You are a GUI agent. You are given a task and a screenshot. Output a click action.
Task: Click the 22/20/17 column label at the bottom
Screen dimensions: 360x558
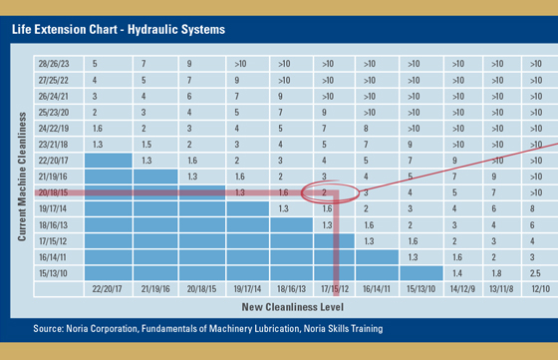tap(108, 288)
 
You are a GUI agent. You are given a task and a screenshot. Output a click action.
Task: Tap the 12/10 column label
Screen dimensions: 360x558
tap(539, 288)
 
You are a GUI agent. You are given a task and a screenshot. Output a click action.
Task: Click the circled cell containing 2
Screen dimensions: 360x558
tap(326, 191)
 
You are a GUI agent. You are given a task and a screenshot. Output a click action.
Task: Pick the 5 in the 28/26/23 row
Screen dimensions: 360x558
tap(95, 61)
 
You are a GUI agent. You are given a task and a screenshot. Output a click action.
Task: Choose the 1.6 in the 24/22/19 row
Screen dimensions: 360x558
tap(97, 127)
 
